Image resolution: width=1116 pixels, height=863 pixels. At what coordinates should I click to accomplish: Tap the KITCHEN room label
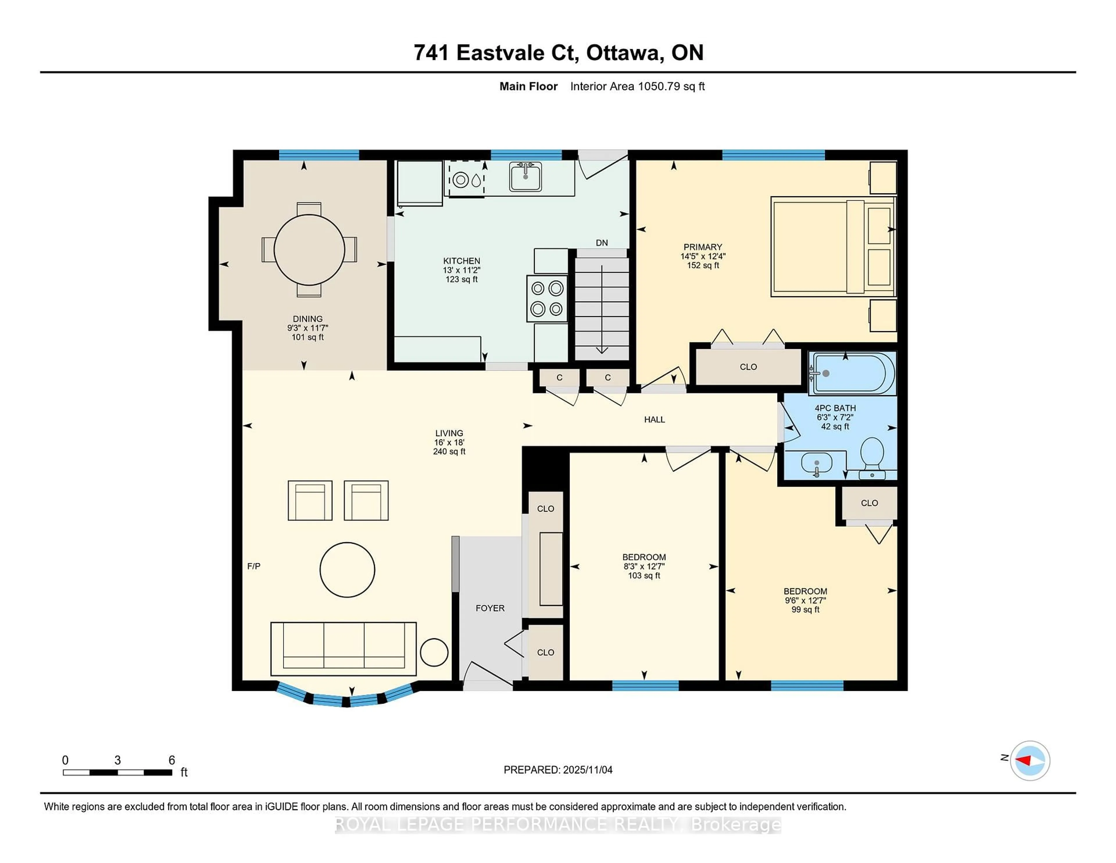(x=462, y=261)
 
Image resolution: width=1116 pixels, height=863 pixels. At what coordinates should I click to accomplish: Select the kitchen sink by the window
(x=525, y=176)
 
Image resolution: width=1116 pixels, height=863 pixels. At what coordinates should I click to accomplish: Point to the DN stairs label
(x=601, y=243)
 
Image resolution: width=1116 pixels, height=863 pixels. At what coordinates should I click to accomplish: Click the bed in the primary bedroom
(x=833, y=246)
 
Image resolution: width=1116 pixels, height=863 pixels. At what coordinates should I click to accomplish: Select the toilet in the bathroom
(x=872, y=457)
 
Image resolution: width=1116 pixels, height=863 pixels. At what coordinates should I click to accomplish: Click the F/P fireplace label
(x=254, y=566)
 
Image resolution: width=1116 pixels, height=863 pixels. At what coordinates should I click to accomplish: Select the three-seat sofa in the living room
(x=344, y=648)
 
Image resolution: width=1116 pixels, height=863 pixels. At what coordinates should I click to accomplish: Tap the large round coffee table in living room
(x=348, y=570)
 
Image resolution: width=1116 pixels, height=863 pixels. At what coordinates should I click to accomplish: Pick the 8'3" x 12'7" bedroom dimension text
(x=644, y=566)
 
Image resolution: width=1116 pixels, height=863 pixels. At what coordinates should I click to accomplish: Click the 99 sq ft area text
(x=805, y=609)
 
